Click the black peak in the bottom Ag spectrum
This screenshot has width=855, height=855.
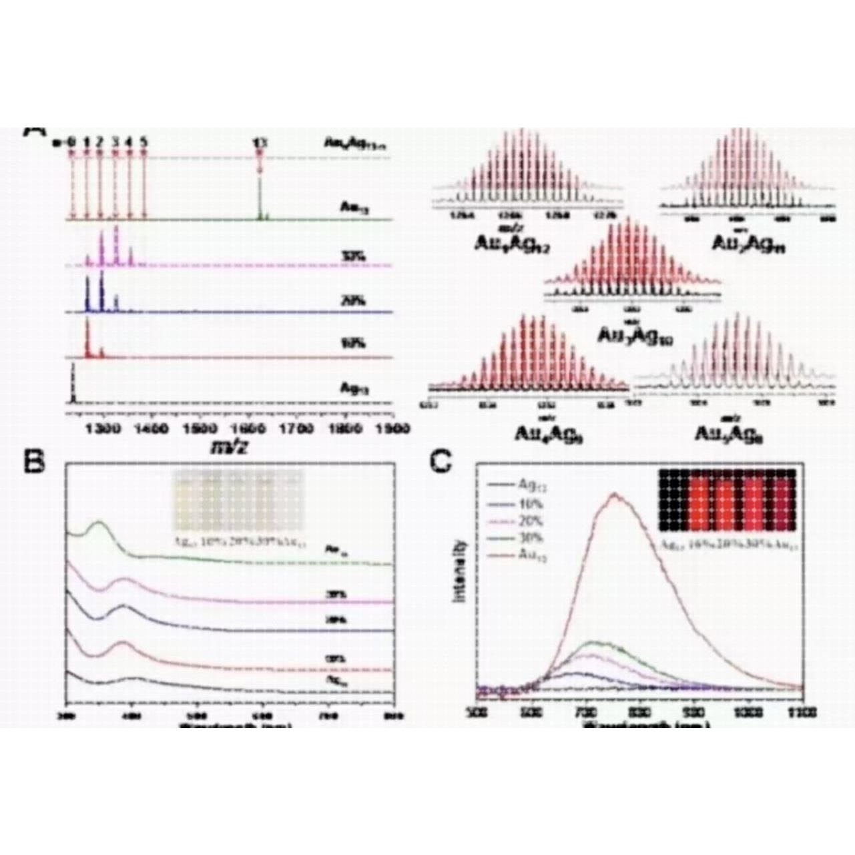[73, 387]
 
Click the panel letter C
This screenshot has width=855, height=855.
[441, 462]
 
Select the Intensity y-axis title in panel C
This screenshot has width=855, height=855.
[460, 571]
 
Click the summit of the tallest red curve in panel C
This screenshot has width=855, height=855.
[615, 495]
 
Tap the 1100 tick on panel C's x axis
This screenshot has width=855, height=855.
[802, 712]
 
